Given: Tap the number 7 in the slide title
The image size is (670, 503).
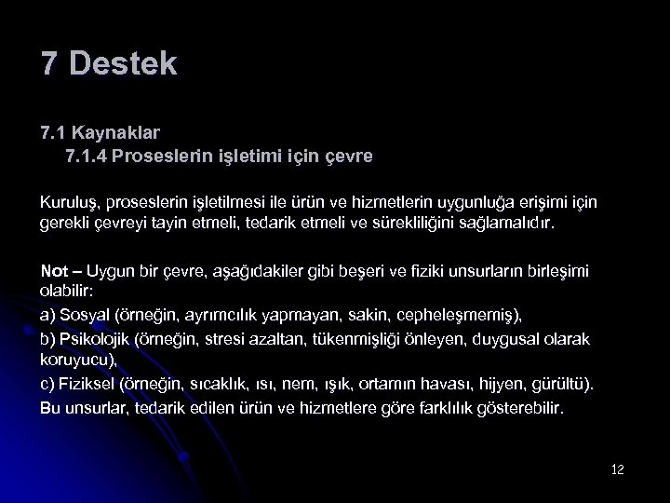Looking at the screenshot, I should point(50,64).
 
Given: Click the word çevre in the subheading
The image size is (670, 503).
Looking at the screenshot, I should point(348,156).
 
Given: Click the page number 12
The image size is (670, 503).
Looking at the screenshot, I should point(617,469).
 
